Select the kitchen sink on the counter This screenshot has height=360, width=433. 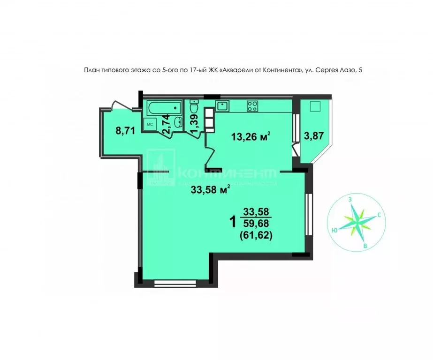click(222, 105)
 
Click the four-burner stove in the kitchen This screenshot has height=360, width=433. click(252, 106)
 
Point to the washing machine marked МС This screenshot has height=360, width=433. click(150, 125)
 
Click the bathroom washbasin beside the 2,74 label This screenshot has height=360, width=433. click(178, 123)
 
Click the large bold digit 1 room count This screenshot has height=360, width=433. click(233, 221)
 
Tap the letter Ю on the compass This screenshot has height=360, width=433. click(334, 230)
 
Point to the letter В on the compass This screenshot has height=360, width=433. click(365, 245)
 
